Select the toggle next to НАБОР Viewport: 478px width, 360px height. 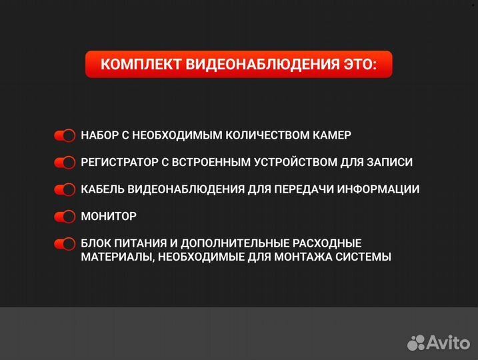point(65,135)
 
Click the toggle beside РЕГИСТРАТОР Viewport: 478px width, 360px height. point(65,163)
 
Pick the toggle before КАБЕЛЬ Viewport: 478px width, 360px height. point(65,189)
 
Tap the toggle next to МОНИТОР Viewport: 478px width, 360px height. point(65,217)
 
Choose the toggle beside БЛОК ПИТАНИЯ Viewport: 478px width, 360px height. point(65,243)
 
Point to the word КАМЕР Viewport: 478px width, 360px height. point(331,135)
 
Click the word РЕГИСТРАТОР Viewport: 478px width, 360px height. point(118,162)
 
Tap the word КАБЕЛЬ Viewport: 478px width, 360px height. point(101,189)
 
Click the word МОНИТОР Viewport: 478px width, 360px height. point(109,217)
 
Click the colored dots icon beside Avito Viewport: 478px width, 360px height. point(417,342)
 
